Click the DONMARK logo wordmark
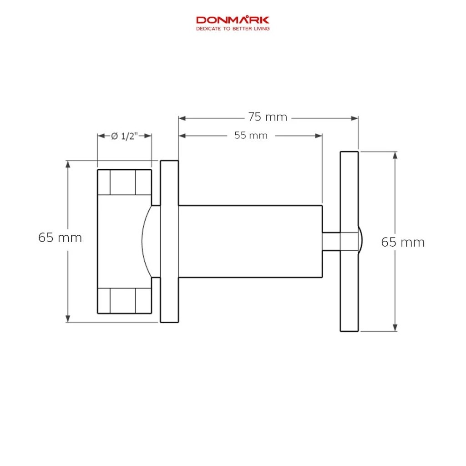(233, 20)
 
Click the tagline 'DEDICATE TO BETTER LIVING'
(233, 29)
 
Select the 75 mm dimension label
(268, 117)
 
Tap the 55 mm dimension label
(251, 136)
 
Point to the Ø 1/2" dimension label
(125, 136)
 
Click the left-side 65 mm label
(60, 238)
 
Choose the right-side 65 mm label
(403, 242)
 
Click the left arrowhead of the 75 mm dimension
(182, 118)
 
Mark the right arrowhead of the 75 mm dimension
(355, 118)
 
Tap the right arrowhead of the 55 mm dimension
(319, 136)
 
